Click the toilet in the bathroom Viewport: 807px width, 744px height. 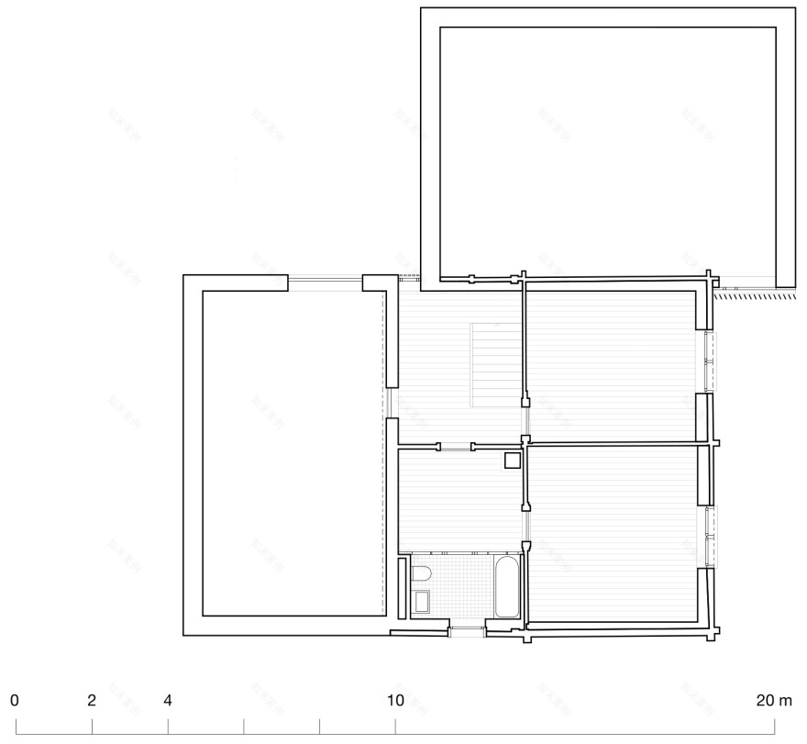[421, 574]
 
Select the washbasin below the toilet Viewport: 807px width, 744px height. [421, 602]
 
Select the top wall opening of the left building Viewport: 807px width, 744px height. [326, 282]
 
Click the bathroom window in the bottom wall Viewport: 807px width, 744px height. [467, 629]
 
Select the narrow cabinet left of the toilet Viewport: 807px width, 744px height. [403, 586]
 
